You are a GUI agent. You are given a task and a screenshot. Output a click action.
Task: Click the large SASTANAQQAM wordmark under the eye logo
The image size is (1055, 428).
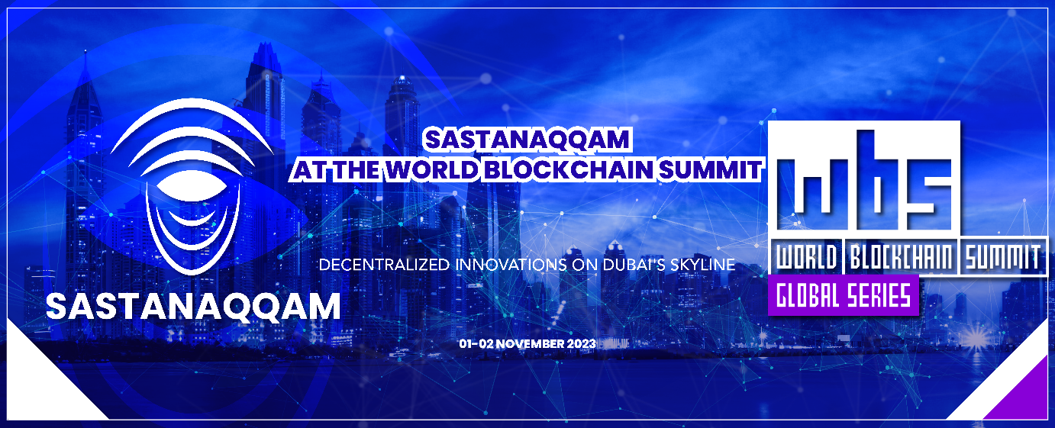(193, 306)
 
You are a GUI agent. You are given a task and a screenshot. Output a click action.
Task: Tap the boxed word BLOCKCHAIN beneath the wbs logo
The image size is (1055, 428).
(902, 258)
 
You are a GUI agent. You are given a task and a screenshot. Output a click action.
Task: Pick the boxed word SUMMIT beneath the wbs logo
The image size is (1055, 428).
(1002, 258)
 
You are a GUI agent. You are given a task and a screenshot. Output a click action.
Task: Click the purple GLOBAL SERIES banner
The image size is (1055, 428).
(843, 294)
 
